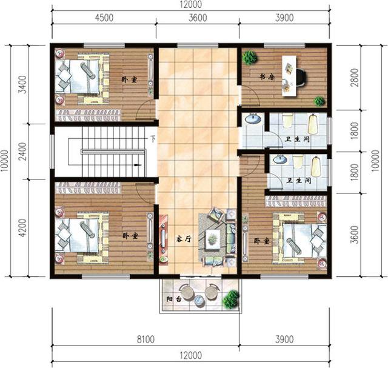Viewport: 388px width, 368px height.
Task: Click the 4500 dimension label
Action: [104, 18]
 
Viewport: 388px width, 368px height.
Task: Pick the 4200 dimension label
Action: [22, 229]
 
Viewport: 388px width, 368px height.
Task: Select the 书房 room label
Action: [264, 77]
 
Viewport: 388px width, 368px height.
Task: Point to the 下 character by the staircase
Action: [153, 139]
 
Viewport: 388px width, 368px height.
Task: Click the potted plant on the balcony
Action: [230, 298]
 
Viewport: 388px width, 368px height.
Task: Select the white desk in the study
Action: [289, 76]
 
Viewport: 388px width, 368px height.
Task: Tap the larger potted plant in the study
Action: [249, 58]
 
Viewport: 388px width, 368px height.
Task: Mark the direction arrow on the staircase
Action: [138, 164]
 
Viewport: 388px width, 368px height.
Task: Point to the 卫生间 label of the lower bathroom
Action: [298, 181]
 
